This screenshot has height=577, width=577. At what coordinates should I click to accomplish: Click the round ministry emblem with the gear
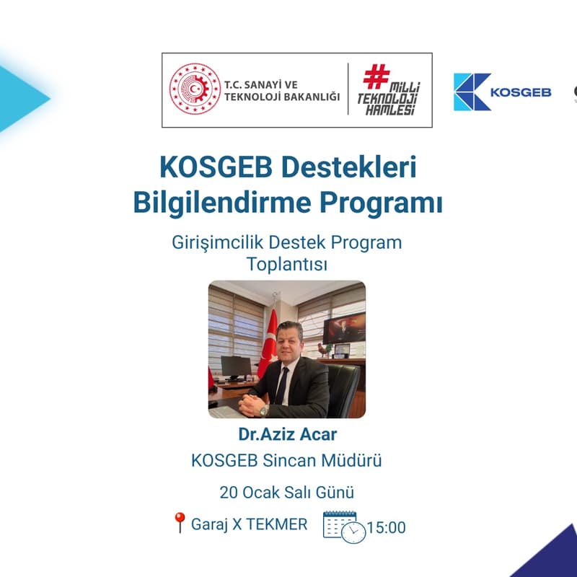coord(195,90)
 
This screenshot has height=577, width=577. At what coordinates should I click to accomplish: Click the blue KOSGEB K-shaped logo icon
coord(472,92)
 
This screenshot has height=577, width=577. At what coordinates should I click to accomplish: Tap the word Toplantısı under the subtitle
coord(287,264)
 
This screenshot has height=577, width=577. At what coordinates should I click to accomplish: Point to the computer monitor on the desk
coord(235,369)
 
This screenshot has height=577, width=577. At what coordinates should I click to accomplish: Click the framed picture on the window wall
coord(344,329)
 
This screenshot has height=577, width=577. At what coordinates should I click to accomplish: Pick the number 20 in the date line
coord(229,493)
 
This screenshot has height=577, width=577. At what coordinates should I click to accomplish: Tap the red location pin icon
coord(180,523)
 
